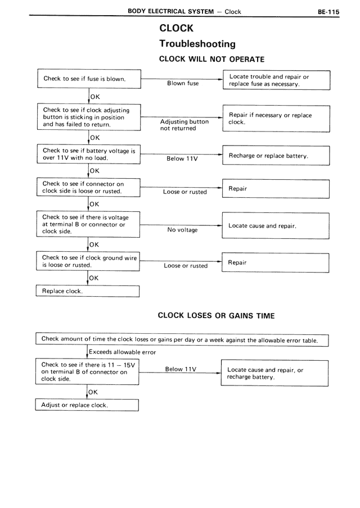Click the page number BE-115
(x=328, y=11)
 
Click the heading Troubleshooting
(x=197, y=44)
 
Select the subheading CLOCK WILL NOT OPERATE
(x=212, y=59)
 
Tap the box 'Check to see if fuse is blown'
(x=88, y=79)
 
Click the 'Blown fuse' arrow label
(x=183, y=83)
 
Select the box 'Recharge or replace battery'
(x=276, y=155)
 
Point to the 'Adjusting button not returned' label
(x=184, y=125)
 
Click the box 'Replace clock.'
(x=88, y=291)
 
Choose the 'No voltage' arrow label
(x=182, y=230)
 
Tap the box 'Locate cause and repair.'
(x=276, y=226)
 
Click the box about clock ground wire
(x=88, y=261)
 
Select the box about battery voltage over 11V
(x=88, y=155)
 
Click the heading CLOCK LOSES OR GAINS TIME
(x=216, y=316)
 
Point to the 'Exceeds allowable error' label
(x=122, y=352)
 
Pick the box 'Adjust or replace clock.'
(x=88, y=405)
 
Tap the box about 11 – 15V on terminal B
(x=88, y=372)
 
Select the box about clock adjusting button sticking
(x=88, y=117)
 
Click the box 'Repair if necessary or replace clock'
(x=276, y=119)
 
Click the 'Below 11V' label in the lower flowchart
(x=181, y=369)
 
